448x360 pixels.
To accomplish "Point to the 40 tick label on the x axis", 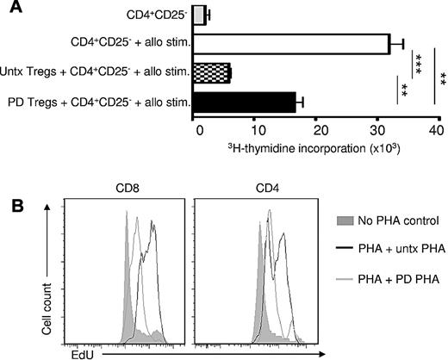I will [x=435, y=129].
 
